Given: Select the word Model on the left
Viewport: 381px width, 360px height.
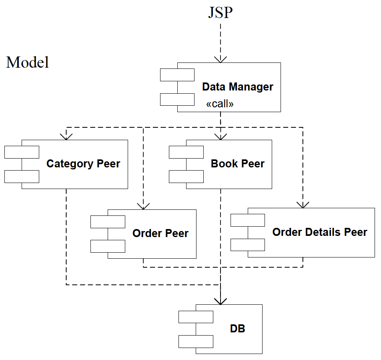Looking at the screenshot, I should (28, 62).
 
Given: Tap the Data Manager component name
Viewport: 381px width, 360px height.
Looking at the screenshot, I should (237, 87).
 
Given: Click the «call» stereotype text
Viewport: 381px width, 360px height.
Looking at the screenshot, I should (220, 104).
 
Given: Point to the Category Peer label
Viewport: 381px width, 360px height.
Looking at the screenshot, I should (83, 164).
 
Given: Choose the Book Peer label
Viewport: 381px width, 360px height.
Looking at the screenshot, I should (237, 164).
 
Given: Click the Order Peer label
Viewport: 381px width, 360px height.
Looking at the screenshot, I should (160, 233).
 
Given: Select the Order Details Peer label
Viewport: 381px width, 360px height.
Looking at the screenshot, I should (319, 232).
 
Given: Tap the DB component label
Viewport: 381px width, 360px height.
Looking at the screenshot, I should (237, 329).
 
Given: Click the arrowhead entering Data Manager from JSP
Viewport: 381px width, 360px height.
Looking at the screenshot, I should (221, 59).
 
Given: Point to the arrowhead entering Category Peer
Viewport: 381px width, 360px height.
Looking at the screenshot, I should (66, 137).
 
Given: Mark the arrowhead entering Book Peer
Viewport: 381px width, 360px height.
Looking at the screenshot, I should (221, 137).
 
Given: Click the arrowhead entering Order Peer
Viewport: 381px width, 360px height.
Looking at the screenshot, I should (143, 206).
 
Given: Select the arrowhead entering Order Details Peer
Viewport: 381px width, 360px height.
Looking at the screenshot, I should (303, 205).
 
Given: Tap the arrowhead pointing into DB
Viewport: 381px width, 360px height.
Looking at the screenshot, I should (221, 301).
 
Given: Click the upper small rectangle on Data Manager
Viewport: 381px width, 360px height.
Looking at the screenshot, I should (177, 75).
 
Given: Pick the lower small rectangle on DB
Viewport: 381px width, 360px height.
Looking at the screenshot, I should (196, 342).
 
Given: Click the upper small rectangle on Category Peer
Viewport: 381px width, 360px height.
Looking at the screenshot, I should (22, 152).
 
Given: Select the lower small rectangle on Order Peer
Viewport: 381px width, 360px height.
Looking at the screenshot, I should (108, 246).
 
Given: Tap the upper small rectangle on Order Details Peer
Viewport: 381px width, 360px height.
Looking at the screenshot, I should (248, 220).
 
